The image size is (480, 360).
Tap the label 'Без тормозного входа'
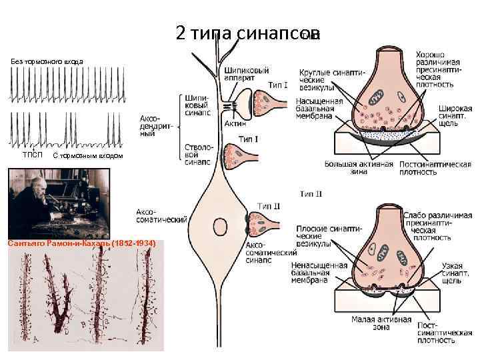(x=47, y=61)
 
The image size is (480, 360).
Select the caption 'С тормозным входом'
(x=87, y=156)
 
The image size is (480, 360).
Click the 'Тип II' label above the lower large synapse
(x=311, y=194)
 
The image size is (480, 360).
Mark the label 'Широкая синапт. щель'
(x=456, y=118)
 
